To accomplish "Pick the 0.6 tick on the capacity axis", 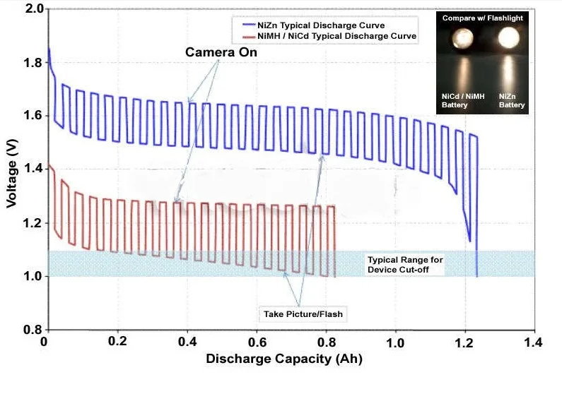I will [x=257, y=341].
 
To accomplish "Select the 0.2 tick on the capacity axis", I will [x=117, y=341].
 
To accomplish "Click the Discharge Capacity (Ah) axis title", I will [x=284, y=359].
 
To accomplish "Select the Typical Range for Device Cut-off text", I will [x=405, y=265].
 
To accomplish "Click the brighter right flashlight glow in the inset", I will [x=511, y=39].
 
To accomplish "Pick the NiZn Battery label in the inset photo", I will [x=512, y=100].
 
